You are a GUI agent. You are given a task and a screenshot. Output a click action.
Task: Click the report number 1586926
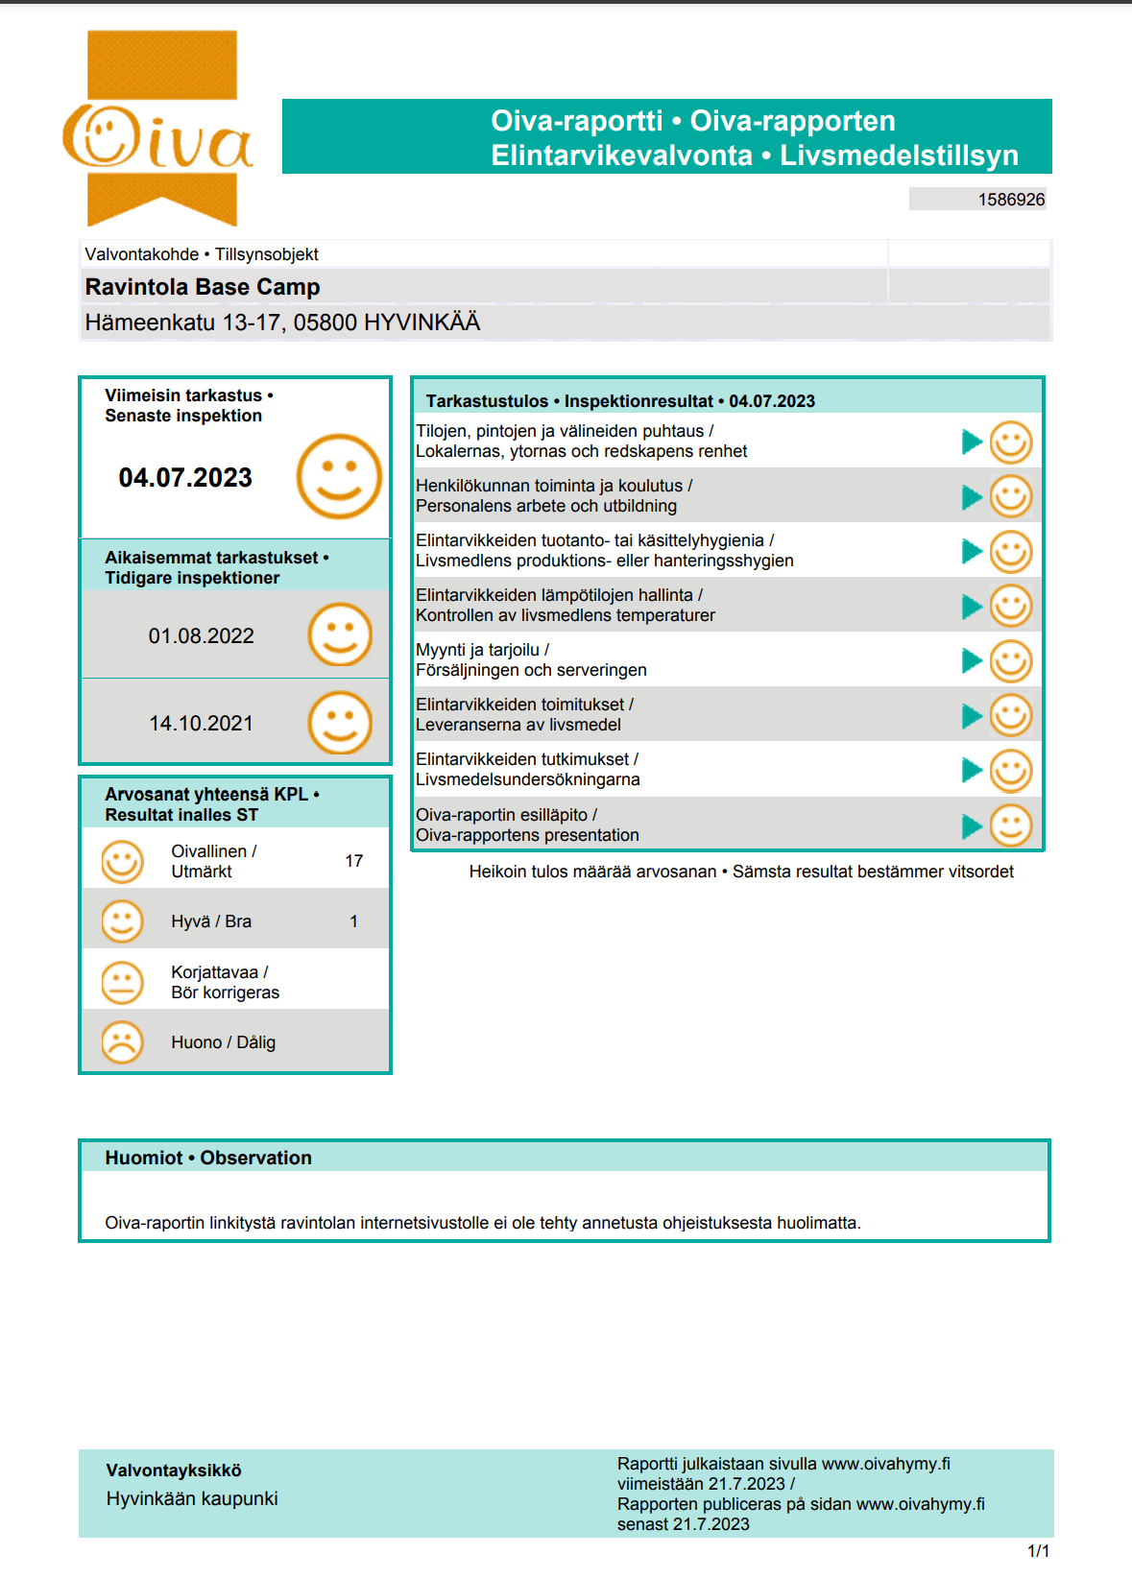coord(1011,200)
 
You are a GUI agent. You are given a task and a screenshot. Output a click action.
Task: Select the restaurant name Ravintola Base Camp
coord(203,287)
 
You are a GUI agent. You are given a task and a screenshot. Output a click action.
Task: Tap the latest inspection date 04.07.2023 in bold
coord(185,477)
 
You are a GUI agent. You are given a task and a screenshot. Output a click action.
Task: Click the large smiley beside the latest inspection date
coord(339,476)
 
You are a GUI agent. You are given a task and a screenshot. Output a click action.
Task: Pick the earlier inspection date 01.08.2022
coord(201,635)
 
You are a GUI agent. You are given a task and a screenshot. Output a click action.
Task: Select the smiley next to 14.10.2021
coord(339,722)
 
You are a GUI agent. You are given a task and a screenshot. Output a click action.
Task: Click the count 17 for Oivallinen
coord(353,861)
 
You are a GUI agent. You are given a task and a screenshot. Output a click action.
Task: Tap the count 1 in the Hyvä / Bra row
coord(353,921)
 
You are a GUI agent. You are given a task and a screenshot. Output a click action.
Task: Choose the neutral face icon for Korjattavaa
coord(122,982)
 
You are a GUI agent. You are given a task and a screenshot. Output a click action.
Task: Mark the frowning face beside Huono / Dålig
coord(122,1041)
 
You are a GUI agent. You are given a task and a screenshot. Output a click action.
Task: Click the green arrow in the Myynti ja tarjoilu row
coord(972,660)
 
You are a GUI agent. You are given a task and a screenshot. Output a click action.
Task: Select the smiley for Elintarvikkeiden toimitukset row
coord(1010,715)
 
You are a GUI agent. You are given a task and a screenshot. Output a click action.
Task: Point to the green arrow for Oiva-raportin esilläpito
coord(972,825)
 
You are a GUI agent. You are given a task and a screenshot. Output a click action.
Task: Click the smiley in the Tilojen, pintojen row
coord(1010,442)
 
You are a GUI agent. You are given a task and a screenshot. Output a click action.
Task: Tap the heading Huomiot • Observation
coord(208,1158)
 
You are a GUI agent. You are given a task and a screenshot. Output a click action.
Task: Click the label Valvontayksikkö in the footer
coord(174,1470)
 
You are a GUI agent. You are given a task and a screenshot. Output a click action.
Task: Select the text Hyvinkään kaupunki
coord(192,1498)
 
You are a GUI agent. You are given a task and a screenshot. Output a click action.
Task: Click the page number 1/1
coord(1038,1551)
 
